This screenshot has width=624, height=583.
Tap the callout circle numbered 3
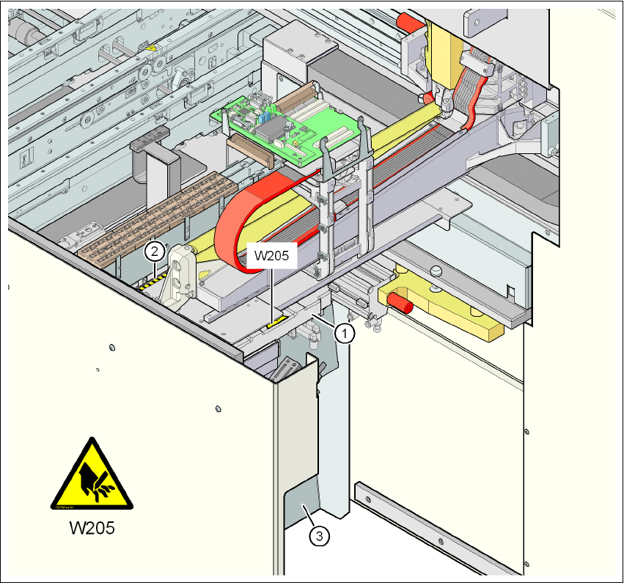click(x=317, y=536)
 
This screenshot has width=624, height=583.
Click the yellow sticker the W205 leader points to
click(x=276, y=320)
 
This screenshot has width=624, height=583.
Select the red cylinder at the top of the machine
click(x=410, y=23)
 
